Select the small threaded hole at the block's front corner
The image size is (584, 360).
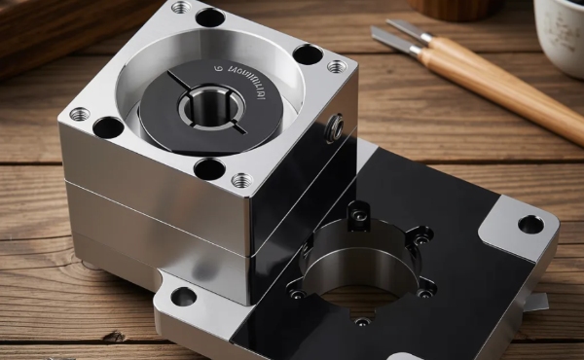[x=240, y=180]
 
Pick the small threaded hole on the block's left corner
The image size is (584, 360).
[x=79, y=114]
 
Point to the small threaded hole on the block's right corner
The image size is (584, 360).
[x=336, y=66]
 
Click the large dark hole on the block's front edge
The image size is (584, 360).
[x=209, y=168]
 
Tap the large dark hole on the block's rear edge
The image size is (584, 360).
[x=209, y=17]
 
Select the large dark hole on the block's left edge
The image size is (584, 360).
[x=108, y=126]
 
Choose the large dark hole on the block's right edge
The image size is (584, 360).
[x=308, y=54]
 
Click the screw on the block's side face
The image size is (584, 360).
[x=336, y=127]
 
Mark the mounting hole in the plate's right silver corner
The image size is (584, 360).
[x=530, y=225]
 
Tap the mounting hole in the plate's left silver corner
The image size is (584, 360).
[x=183, y=297]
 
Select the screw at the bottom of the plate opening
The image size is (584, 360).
[x=361, y=321]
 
